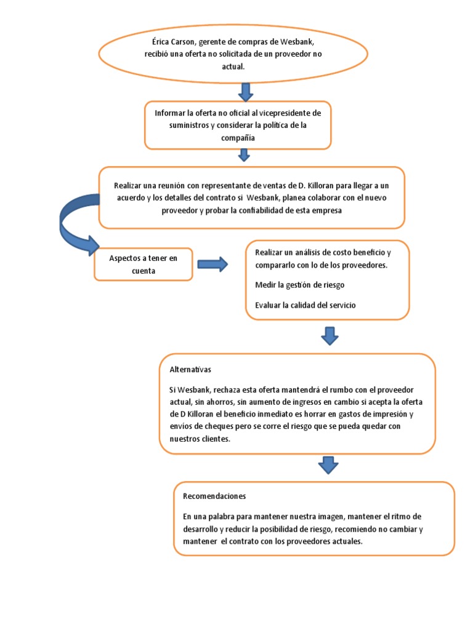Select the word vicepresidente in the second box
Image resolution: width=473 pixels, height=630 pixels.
[286, 113]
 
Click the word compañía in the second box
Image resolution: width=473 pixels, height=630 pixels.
[238, 138]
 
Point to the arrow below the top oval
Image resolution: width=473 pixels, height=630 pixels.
[245, 91]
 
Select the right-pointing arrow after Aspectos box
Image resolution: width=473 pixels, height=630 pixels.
[212, 265]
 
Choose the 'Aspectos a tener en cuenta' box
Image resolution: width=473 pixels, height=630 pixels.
[144, 264]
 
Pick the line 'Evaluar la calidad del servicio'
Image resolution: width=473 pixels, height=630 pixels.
[305, 305]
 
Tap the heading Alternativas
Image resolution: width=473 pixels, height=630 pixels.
[190, 370]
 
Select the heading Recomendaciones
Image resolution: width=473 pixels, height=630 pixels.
[214, 496]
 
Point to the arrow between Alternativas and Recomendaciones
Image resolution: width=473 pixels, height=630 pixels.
[328, 465]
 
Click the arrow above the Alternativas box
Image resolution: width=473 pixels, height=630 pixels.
[330, 336]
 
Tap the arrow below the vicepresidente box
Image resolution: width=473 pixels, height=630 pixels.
[245, 154]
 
